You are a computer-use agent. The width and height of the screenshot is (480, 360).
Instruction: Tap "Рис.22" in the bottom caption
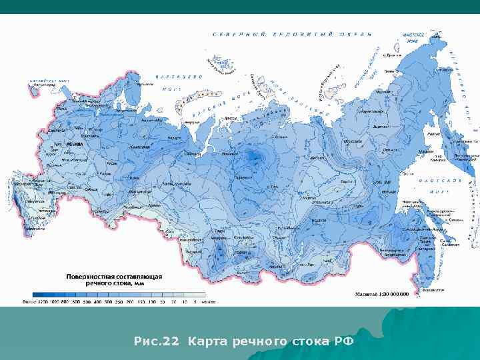pos(157,342)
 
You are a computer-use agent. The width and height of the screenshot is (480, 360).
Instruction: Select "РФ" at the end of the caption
pos(344,342)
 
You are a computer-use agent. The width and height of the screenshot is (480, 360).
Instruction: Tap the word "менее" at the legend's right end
pos(208,301)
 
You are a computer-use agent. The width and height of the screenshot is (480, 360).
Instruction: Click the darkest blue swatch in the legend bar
pos(39,294)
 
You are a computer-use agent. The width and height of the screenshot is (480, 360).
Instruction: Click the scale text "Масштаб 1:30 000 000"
pos(381,294)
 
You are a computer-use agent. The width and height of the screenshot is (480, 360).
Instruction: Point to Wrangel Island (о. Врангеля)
pos(397,48)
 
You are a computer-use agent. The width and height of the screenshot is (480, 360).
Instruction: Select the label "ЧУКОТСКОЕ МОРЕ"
pos(413,37)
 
